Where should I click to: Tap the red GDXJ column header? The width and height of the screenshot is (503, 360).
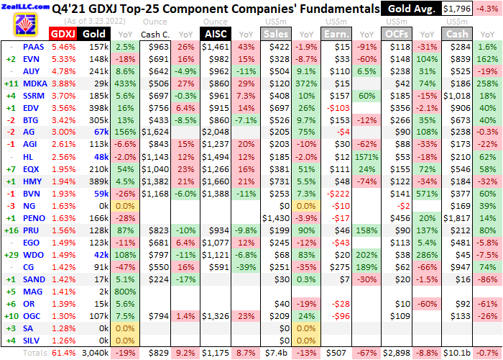(x=63, y=33)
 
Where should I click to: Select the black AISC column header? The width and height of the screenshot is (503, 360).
(x=216, y=33)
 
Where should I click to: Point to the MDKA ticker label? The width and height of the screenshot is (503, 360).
(x=33, y=83)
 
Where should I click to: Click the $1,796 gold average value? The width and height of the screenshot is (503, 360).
(x=458, y=9)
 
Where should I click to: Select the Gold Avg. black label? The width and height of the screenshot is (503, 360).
(x=410, y=9)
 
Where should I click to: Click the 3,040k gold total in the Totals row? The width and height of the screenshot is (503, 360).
(x=95, y=353)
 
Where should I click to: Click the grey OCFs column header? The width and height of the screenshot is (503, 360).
(x=397, y=33)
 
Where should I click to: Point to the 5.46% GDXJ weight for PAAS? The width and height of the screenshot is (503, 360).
(x=64, y=46)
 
